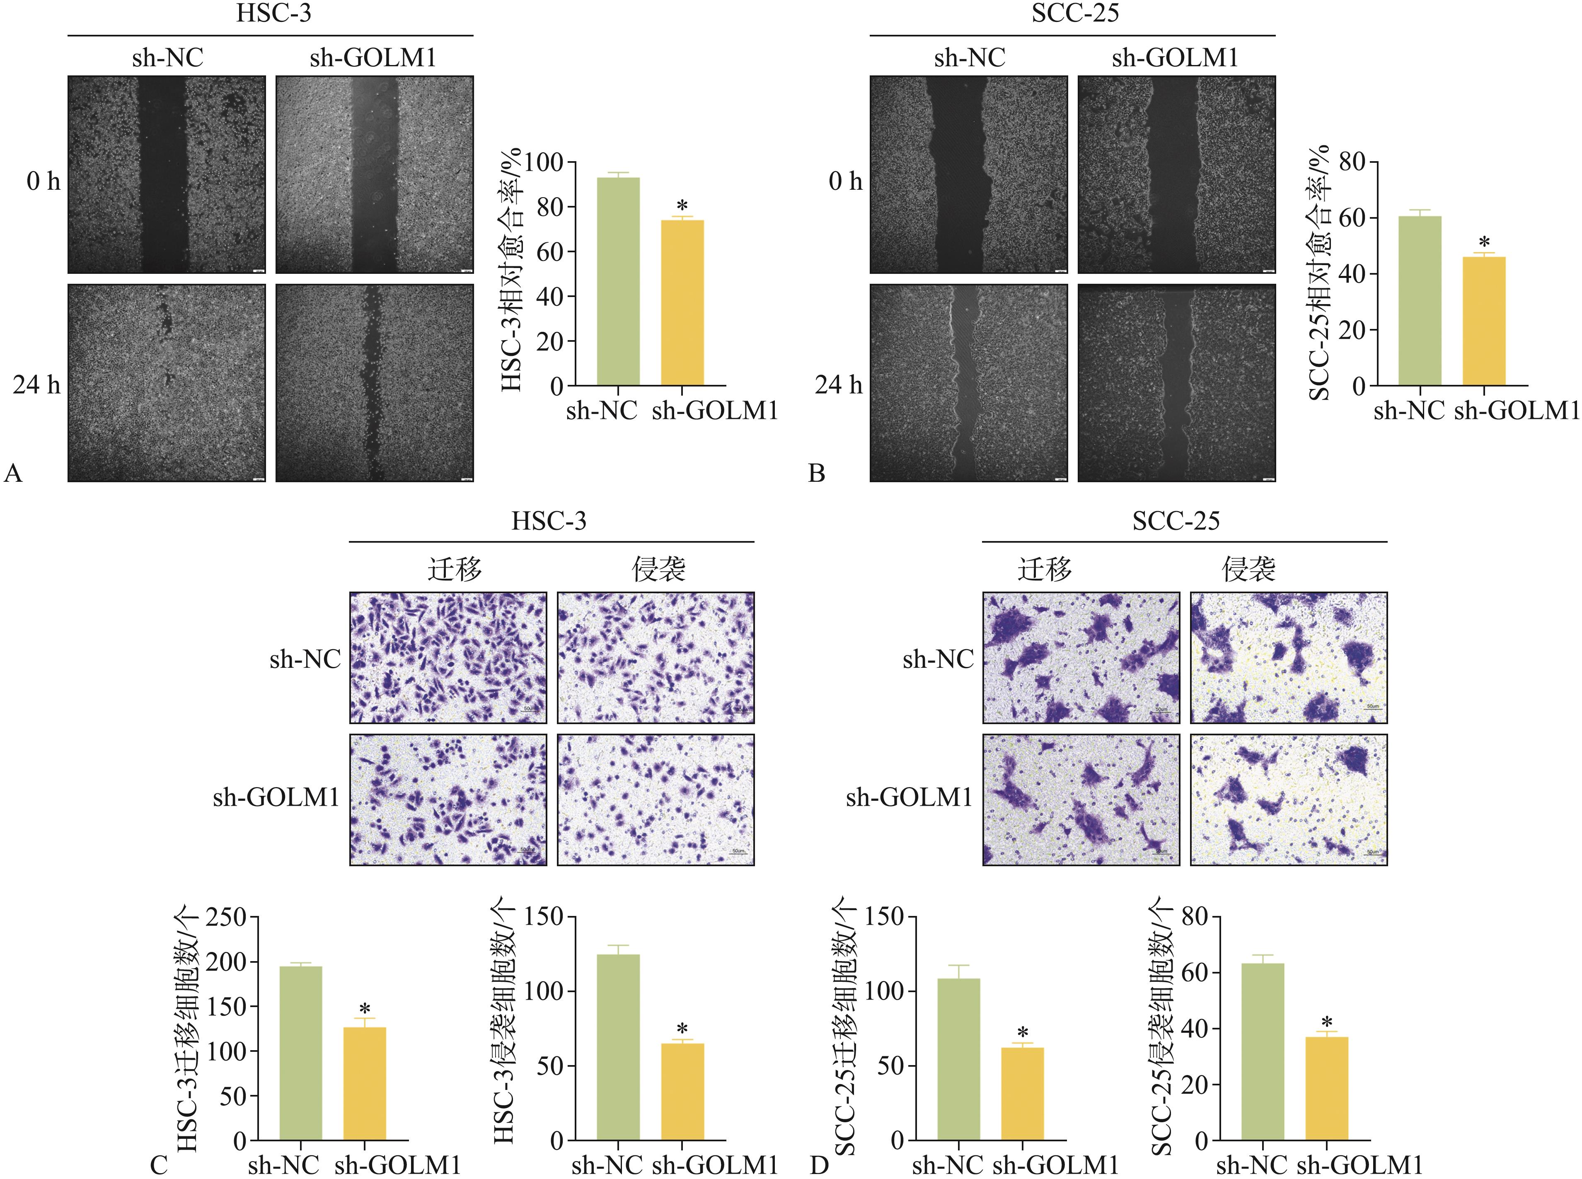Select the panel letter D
coord(819,1165)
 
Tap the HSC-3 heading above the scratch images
coord(273,14)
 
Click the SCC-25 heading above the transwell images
coord(1176,521)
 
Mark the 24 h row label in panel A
coord(36,385)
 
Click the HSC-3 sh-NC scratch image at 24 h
coord(166,383)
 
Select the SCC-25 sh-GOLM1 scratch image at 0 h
coord(1176,175)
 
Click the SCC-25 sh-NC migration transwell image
coord(1081,657)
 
